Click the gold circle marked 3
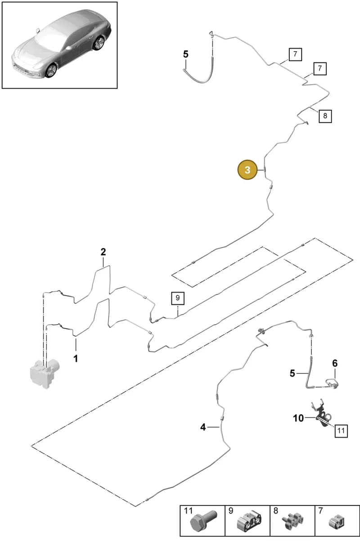(x=247, y=170)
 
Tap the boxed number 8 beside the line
(x=325, y=116)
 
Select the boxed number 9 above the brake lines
(x=178, y=298)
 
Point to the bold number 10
(x=298, y=418)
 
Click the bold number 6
(x=335, y=363)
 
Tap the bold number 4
(x=203, y=427)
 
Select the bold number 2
(x=103, y=252)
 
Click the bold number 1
(x=76, y=359)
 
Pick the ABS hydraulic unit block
(x=45, y=374)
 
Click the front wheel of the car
(x=51, y=70)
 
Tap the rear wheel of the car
(x=99, y=43)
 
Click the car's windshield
(x=49, y=38)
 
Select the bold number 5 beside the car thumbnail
(x=186, y=54)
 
